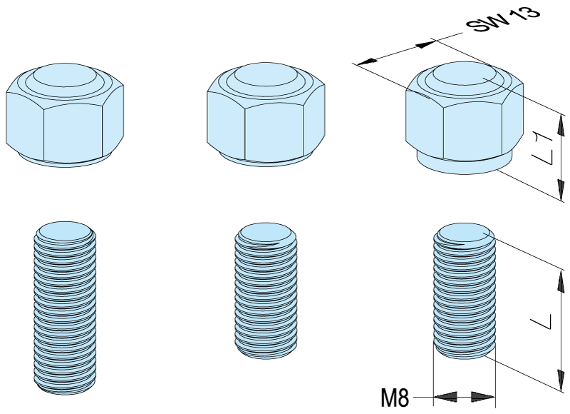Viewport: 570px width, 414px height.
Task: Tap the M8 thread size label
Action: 395,398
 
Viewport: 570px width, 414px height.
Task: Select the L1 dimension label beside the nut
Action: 542,149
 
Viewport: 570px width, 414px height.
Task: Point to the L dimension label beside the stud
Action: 542,321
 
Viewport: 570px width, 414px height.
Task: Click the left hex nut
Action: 65,115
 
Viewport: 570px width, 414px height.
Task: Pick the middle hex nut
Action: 266,114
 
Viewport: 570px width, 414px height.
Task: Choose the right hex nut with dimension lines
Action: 465,117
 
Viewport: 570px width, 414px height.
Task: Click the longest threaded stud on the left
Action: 65,308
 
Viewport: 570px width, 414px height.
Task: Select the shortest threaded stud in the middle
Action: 266,291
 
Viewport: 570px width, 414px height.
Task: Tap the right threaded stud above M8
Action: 465,291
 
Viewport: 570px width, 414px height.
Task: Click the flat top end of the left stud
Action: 65,231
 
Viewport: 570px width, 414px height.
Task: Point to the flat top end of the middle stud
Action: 266,233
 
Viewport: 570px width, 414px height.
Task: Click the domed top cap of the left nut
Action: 65,75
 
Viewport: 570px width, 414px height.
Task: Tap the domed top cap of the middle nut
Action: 266,75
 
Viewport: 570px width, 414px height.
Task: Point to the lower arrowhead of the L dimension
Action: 561,380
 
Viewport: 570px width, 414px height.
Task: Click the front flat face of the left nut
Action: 73,133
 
